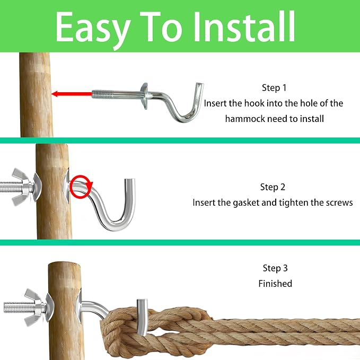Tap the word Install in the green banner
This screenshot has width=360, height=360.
244,27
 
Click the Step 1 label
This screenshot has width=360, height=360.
274,87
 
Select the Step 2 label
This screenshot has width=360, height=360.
273,187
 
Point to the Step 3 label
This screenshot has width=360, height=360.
275,268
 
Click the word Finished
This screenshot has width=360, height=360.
275,284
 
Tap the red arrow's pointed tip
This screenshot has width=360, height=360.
52,94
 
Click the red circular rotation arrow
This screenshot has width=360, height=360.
81,187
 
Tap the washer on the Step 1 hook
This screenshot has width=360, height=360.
145,96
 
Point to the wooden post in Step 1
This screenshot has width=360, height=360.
36,95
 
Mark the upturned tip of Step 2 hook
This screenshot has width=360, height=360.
130,181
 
